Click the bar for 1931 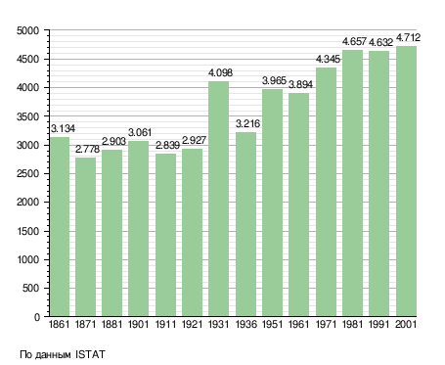pyautogui.click(x=218, y=199)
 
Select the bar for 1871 pyautogui.click(x=85, y=237)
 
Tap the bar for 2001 pyautogui.click(x=406, y=181)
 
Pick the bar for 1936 pyautogui.click(x=245, y=224)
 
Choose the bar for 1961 pyautogui.click(x=298, y=205)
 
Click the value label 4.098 pyautogui.click(x=221, y=72)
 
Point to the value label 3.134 pyautogui.click(x=63, y=128)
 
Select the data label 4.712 pyautogui.click(x=408, y=37)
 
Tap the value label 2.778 pyautogui.click(x=87, y=149)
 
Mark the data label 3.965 pyautogui.click(x=274, y=80)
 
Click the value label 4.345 pyautogui.click(x=328, y=59)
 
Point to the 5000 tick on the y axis pyautogui.click(x=27, y=30)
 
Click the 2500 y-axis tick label pyautogui.click(x=27, y=174)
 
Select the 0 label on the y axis pyautogui.click(x=37, y=317)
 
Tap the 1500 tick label pyautogui.click(x=27, y=231)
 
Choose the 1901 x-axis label pyautogui.click(x=138, y=324)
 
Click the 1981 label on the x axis pyautogui.click(x=352, y=324)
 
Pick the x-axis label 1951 pyautogui.click(x=272, y=324)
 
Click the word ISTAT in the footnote pyautogui.click(x=90, y=354)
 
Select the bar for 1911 pyautogui.click(x=165, y=235)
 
